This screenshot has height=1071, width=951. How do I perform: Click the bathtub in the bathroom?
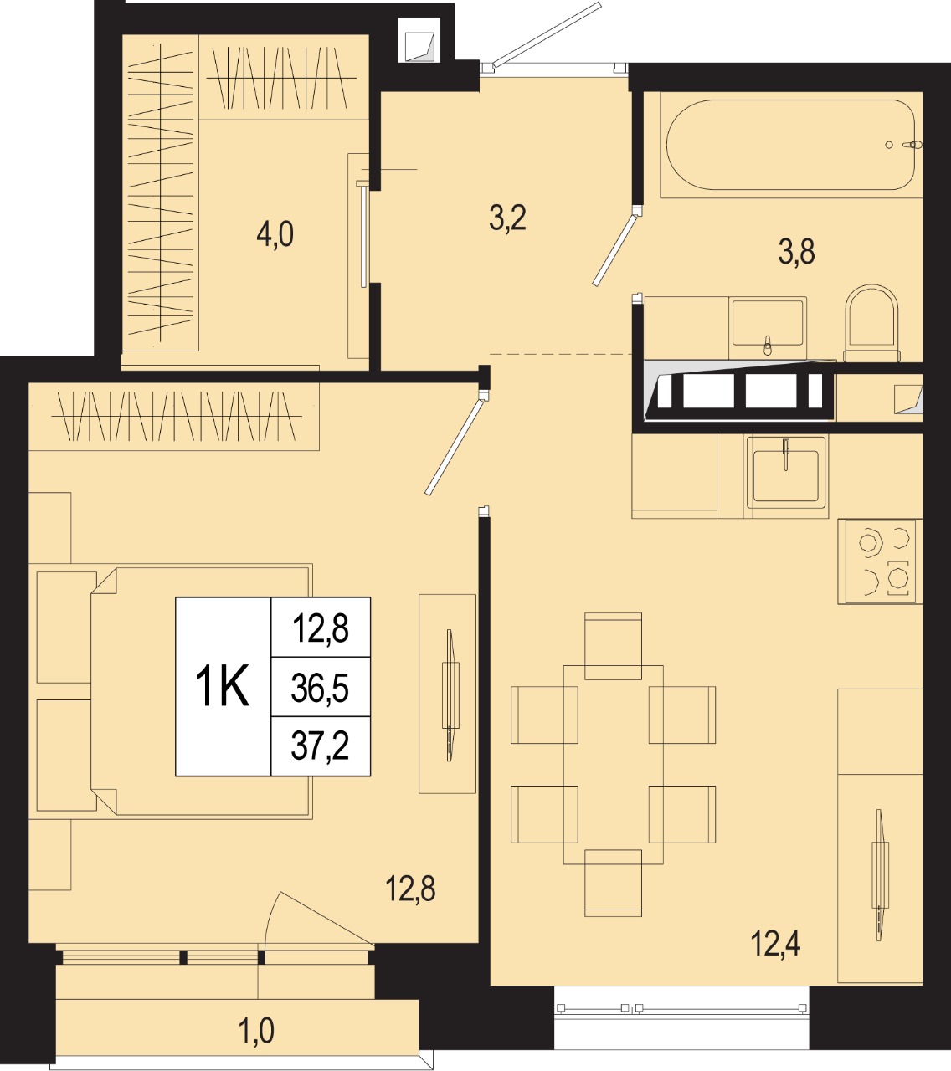791,144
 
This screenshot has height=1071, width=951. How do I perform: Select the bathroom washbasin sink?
768,323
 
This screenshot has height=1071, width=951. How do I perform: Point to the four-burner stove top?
880,561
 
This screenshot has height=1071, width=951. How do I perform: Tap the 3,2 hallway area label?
507,218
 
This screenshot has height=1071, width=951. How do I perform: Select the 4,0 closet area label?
275,233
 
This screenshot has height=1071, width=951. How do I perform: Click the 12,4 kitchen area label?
775,944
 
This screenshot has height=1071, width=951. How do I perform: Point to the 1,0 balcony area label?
256,1030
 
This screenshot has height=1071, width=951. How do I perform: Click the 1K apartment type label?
222,685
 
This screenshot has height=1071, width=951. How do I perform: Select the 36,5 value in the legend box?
320,689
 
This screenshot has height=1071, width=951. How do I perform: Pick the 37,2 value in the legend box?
320,746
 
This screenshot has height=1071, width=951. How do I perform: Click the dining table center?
613,765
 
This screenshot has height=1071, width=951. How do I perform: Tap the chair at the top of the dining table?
613,645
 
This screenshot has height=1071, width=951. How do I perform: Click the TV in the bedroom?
450,695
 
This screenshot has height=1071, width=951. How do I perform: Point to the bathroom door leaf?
614,250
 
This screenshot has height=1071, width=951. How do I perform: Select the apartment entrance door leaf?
547,35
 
